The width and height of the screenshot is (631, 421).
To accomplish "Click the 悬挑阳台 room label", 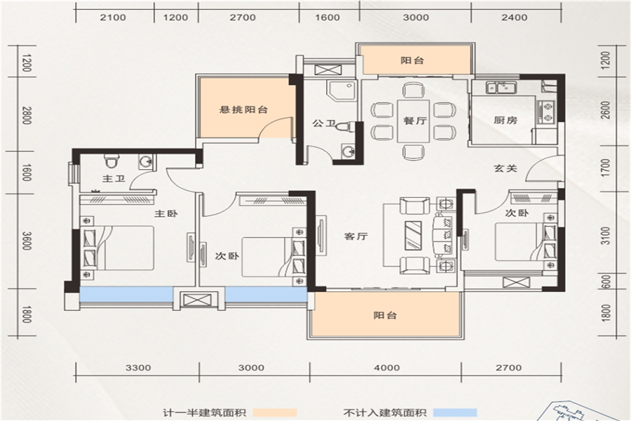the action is click(x=243, y=109).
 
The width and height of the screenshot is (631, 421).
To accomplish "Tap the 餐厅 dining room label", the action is click(x=415, y=121).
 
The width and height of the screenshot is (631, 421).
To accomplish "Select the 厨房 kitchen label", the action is click(x=506, y=120).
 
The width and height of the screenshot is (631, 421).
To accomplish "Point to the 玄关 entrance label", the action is click(x=506, y=168).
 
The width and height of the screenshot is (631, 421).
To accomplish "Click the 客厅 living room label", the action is click(x=356, y=236).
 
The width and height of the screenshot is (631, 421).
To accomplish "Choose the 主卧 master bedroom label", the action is click(x=165, y=213).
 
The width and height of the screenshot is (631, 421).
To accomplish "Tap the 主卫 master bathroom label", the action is click(x=114, y=178).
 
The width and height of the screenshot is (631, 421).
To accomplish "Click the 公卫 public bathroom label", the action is click(x=325, y=123).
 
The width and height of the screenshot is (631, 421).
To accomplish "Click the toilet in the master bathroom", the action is click(x=110, y=160).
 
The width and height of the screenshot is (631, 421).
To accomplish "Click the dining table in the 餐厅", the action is click(x=415, y=121).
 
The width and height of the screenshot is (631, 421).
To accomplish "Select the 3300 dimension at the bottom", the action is click(x=138, y=368).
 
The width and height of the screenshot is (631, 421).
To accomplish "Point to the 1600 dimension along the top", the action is click(x=328, y=18).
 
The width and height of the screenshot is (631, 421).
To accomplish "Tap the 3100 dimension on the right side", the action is click(x=606, y=235).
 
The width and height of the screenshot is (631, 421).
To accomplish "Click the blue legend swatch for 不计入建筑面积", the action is click(x=456, y=413).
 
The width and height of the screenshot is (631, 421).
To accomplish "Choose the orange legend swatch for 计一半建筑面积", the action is click(x=276, y=413).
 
